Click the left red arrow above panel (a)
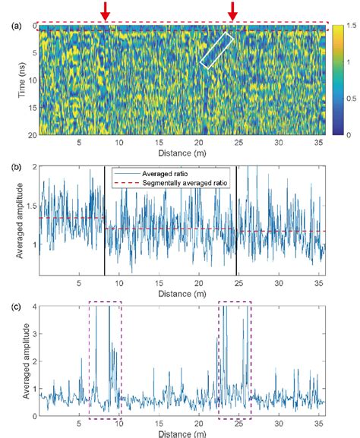tap(106, 11)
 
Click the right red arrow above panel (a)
tap(233, 11)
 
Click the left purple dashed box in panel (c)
tap(105, 360)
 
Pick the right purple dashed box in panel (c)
tap(235, 360)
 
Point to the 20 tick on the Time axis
tap(29, 134)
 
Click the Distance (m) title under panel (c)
tap(183, 433)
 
